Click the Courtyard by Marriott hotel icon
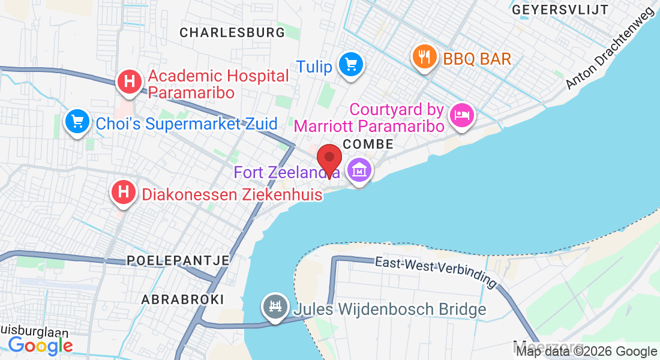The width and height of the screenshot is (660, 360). pos(461,113)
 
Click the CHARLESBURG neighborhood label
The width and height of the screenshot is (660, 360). pos(232,32)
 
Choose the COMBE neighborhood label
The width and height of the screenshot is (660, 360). pos(368,145)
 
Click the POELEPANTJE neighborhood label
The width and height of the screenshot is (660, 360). pos(178,260)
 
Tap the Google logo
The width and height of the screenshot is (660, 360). pos(40,345)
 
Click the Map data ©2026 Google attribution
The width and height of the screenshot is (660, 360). pos(586,352)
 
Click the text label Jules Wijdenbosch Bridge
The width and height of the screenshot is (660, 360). pos(389,310)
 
